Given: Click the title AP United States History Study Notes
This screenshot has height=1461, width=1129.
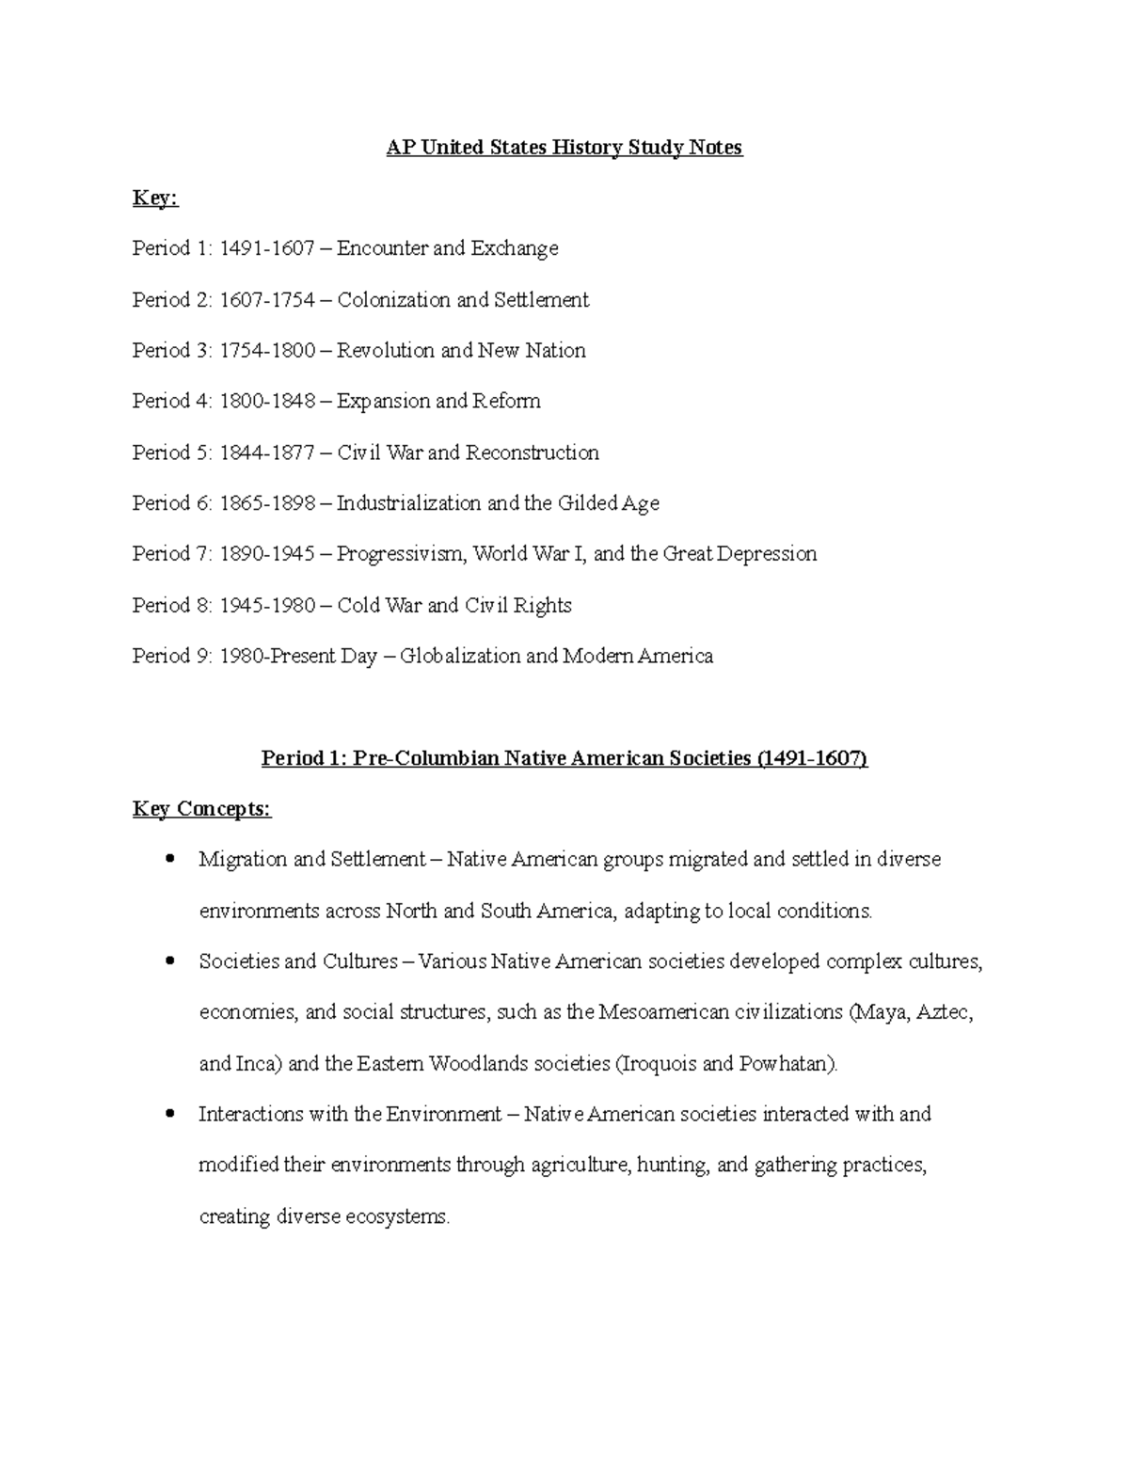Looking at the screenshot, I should click(564, 148).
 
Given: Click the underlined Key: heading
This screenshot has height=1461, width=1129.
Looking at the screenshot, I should click(155, 199).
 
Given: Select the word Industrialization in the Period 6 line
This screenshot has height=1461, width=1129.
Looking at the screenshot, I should click(408, 503).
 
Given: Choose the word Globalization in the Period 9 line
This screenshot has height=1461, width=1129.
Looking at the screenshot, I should click(460, 656).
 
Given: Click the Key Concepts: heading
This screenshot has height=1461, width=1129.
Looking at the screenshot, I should click(202, 809).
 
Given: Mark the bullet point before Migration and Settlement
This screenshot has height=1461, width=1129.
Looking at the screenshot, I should click(170, 859).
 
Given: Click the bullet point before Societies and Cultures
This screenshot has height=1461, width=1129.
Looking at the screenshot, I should click(170, 961).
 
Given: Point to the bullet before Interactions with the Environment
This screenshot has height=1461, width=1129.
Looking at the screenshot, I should click(170, 1114).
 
